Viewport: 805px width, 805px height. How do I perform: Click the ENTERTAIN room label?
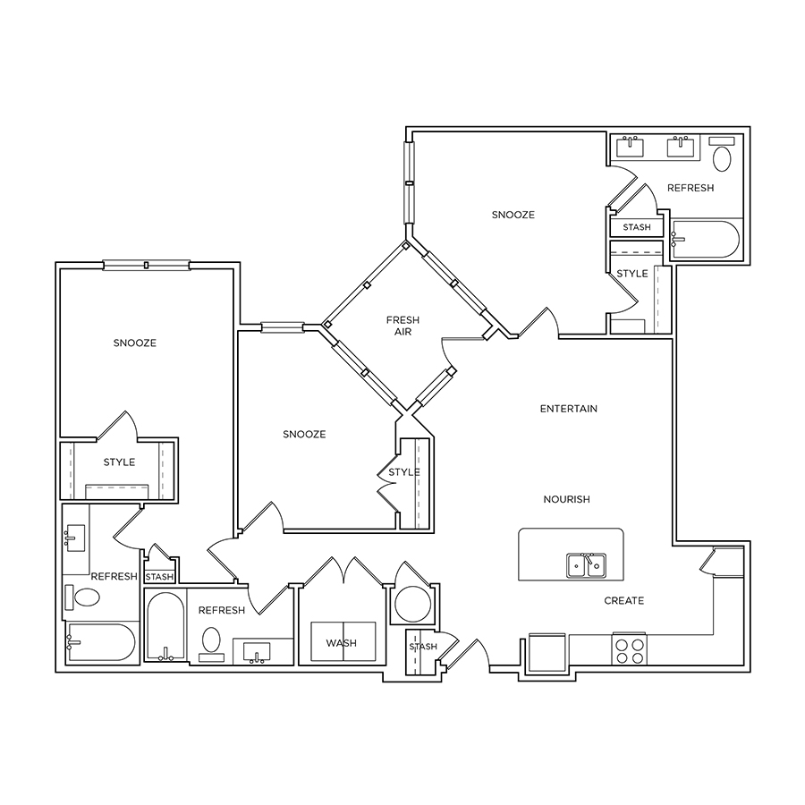568,409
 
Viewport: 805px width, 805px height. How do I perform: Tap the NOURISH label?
566,499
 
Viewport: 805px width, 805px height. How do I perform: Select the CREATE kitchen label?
623,601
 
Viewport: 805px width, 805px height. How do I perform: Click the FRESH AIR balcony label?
402,326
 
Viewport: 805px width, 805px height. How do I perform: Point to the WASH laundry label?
342,643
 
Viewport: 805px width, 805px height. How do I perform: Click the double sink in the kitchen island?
586,565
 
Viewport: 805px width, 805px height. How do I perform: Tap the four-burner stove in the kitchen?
630,650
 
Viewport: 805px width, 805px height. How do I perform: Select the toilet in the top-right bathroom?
722,155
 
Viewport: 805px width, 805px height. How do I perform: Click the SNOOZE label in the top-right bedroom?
513,215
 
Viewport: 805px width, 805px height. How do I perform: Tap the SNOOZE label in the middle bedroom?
304,435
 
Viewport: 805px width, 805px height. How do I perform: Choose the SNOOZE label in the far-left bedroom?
134,343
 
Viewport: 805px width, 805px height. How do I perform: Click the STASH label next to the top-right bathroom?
637,227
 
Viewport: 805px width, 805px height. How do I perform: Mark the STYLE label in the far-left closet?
119,462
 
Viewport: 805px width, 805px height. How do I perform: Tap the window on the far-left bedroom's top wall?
147,266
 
